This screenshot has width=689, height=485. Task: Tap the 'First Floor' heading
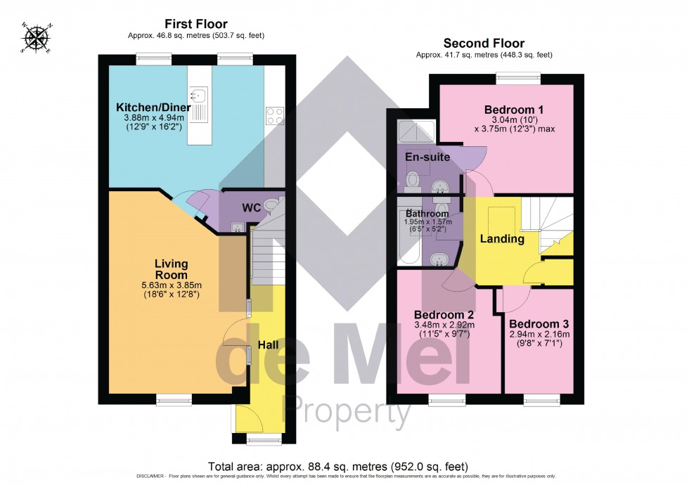(196, 24)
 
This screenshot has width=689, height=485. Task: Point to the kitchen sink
(199, 94)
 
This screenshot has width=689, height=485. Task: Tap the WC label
(251, 208)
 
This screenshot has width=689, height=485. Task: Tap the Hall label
(267, 345)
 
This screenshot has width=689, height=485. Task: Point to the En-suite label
(427, 157)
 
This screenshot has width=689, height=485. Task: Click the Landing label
(502, 239)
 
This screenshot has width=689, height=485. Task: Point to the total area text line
(338, 467)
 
